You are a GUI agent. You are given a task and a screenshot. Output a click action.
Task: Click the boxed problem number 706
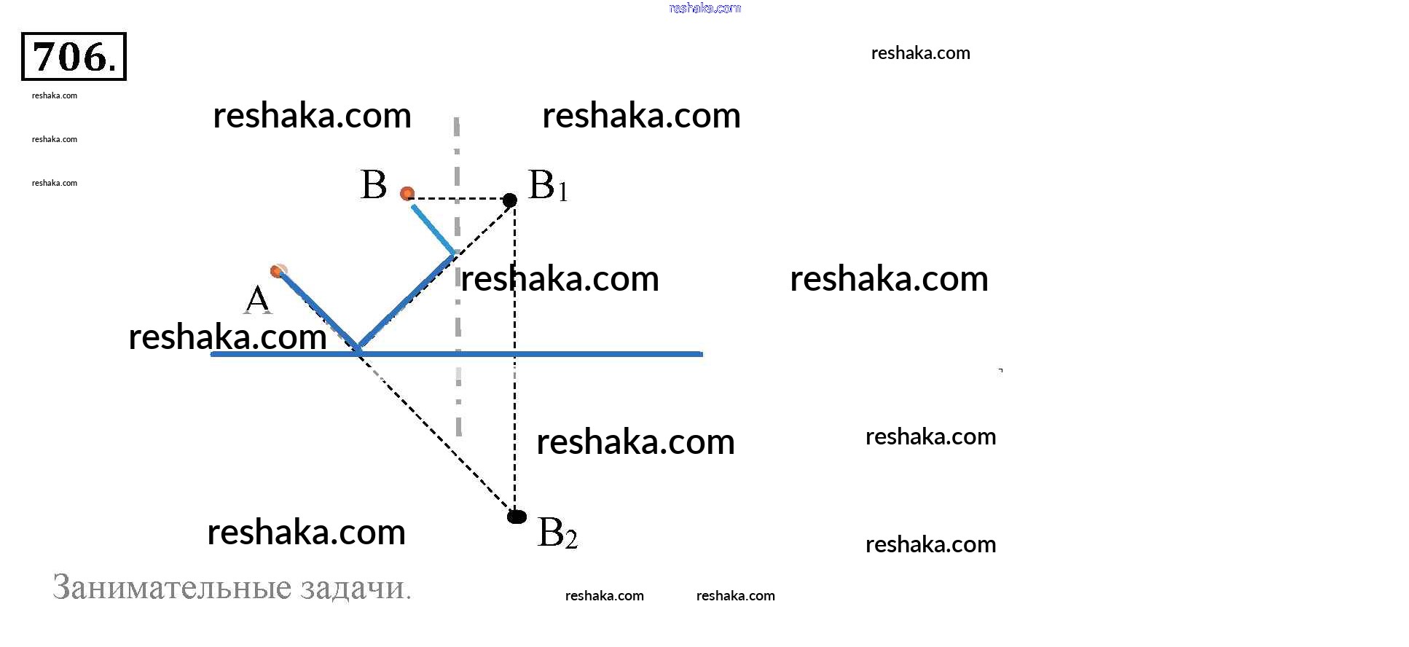[x=74, y=57]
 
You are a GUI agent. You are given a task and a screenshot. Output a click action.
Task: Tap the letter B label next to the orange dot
[x=374, y=185]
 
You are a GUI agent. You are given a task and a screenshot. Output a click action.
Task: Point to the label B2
[x=557, y=533]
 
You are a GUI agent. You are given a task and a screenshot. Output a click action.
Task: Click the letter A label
[x=257, y=299]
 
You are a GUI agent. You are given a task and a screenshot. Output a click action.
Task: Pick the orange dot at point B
[x=407, y=193]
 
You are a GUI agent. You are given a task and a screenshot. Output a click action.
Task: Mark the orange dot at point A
[x=277, y=271]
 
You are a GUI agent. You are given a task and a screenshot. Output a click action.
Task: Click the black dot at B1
[x=510, y=200]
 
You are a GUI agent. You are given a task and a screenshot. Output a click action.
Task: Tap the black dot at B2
[x=517, y=517]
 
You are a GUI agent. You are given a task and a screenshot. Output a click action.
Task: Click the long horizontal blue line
[x=583, y=354]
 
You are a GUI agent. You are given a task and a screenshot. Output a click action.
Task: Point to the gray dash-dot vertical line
[x=458, y=408]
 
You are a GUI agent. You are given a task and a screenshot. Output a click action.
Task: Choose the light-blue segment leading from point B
[x=433, y=230]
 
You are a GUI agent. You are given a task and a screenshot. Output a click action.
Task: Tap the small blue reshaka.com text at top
[x=704, y=8]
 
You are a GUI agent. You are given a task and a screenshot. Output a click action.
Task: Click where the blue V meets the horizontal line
[x=358, y=350]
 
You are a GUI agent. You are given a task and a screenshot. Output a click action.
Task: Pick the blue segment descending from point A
[x=317, y=310]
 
